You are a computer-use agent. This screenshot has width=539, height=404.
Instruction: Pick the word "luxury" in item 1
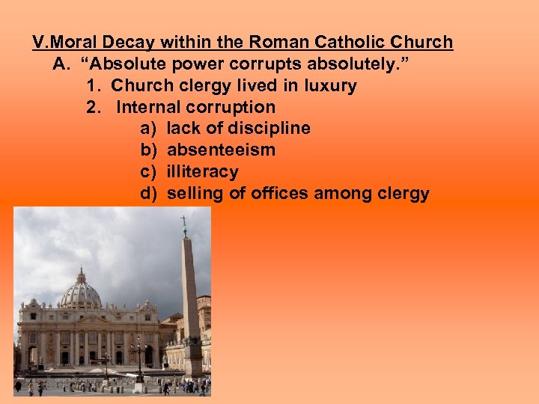(x=329, y=85)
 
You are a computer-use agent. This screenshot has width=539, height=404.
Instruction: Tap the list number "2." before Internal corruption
(x=94, y=107)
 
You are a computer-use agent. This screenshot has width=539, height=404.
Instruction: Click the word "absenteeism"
(x=221, y=150)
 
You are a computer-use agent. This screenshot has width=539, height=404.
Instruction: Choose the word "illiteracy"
(x=202, y=171)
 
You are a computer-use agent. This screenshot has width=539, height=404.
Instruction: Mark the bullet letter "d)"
(x=148, y=193)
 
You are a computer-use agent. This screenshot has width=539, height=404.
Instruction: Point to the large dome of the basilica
(x=81, y=291)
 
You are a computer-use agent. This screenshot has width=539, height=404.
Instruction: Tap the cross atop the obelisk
(x=183, y=222)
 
